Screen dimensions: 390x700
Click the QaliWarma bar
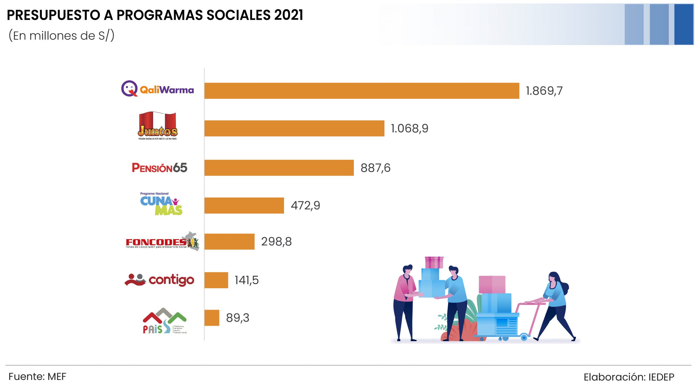[361, 91]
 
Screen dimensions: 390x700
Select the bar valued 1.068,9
[294, 128]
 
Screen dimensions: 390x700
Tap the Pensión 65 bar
[279, 168]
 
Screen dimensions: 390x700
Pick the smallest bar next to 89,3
[212, 318]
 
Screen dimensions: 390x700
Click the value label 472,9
[305, 205]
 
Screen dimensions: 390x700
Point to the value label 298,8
[276, 241]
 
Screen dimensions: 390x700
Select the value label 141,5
[246, 280]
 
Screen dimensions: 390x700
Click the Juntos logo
[157, 126]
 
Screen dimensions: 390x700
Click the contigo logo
[159, 280]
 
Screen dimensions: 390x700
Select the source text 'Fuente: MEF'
[37, 377]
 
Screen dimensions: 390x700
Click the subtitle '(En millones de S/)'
[61, 36]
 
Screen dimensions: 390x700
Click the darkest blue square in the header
[684, 24]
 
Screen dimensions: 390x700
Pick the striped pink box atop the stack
[434, 262]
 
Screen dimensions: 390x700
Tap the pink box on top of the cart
[492, 284]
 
